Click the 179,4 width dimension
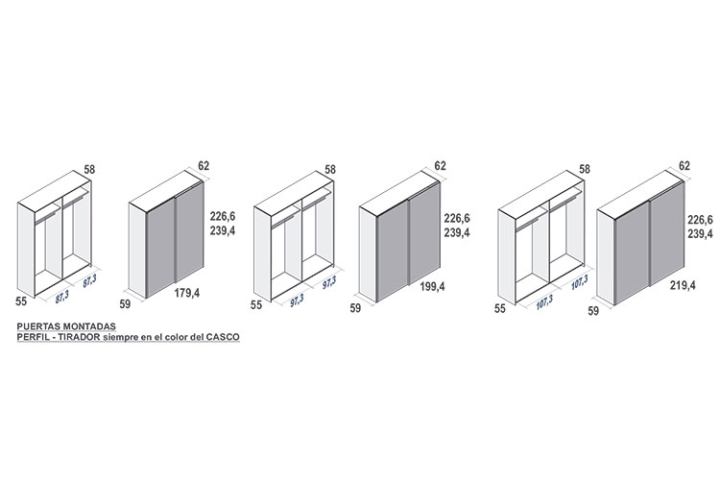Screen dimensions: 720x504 click(187, 293)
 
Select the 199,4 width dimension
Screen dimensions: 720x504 click(433, 287)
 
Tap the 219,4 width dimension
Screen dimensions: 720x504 click(683, 285)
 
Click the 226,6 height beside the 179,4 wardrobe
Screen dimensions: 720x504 click(223, 216)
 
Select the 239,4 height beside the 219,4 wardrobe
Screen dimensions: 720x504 click(700, 233)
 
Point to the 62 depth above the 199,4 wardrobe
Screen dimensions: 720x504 click(440, 165)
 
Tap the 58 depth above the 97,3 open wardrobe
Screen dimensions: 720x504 click(330, 169)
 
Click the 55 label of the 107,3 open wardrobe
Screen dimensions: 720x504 click(499, 308)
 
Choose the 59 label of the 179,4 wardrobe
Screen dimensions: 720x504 click(125, 303)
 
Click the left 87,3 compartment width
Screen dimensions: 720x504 click(62, 297)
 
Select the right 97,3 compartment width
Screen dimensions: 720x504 click(328, 282)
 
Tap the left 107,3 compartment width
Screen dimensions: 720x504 click(544, 302)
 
